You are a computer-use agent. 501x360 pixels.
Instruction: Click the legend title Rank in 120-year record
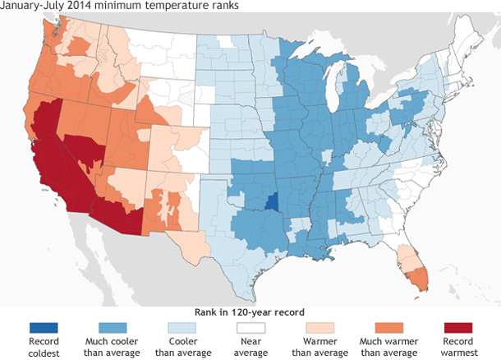[x=250, y=312]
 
